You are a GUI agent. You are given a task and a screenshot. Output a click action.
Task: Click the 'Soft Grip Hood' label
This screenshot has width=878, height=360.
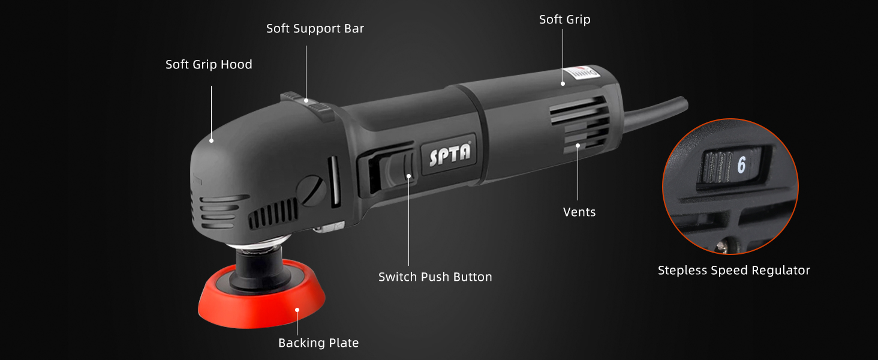tap(209, 65)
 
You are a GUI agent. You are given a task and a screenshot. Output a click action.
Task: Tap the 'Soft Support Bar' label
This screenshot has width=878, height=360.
tap(315, 29)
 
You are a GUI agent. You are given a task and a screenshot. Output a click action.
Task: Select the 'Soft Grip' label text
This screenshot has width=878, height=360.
tap(564, 20)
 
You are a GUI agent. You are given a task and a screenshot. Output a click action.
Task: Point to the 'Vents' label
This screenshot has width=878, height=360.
tap(579, 212)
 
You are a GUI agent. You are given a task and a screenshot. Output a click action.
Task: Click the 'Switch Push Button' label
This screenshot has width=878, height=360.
tap(435, 277)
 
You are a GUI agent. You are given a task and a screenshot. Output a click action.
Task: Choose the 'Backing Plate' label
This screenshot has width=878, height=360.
tap(318, 343)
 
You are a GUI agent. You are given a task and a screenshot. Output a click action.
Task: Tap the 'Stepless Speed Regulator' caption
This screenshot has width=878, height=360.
tap(733, 271)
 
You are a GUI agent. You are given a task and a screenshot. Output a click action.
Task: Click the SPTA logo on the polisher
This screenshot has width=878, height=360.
tap(450, 155)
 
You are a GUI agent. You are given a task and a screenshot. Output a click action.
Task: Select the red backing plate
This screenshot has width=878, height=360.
tap(261, 300)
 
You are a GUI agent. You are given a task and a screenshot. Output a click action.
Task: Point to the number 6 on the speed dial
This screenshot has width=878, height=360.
tap(741, 165)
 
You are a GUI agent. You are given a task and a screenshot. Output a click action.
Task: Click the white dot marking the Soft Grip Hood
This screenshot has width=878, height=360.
tap(211, 140)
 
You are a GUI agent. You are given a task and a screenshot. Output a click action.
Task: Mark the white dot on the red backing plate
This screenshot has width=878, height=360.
tap(297, 310)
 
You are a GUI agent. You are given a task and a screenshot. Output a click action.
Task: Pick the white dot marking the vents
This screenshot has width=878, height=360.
tap(578, 145)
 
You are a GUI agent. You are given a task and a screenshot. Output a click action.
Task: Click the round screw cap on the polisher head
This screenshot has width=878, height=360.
tap(314, 190)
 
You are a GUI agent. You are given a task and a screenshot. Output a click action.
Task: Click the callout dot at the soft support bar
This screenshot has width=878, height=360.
tap(306, 101)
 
